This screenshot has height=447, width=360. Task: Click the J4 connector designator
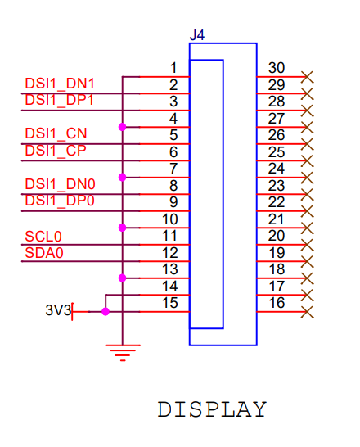(x=197, y=35)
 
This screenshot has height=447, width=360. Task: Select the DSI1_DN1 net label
(x=60, y=84)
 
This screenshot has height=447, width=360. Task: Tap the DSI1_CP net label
(x=56, y=151)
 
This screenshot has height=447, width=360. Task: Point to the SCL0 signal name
(x=43, y=237)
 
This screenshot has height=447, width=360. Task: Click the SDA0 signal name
(x=44, y=253)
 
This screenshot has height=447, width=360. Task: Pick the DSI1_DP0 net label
(x=60, y=201)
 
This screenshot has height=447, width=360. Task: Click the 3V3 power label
(x=58, y=310)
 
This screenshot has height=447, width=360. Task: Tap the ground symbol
(x=123, y=353)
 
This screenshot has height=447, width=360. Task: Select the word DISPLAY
(x=212, y=409)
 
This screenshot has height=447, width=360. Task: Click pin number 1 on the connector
(x=173, y=68)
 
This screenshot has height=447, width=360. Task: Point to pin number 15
(x=170, y=303)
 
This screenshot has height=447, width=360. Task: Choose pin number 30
(x=277, y=68)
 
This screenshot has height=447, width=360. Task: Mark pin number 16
(x=277, y=303)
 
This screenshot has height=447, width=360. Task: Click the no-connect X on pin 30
(x=308, y=77)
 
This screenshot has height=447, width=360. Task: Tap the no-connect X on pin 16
(x=308, y=312)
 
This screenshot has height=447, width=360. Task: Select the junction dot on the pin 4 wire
(x=123, y=127)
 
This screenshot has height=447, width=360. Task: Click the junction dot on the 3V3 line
(x=106, y=312)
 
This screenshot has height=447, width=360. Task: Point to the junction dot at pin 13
(x=123, y=278)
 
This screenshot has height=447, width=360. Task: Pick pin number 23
(x=277, y=186)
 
